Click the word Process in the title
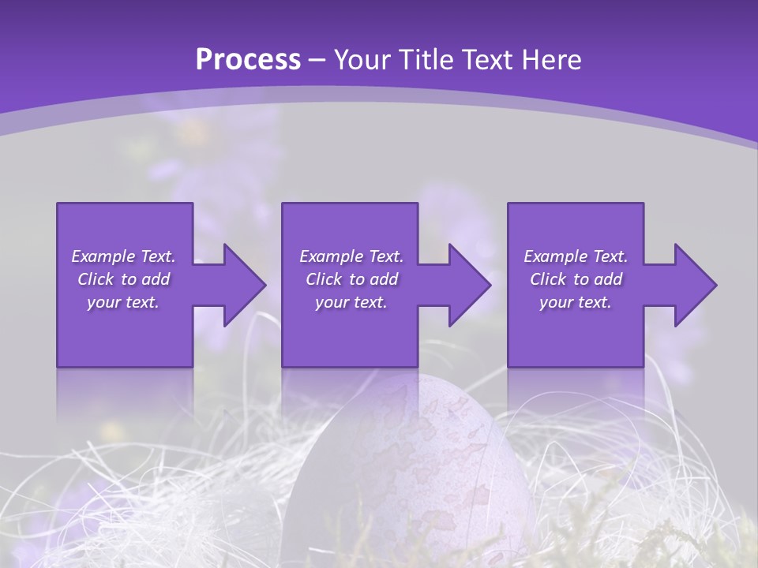pyautogui.click(x=247, y=60)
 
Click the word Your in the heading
pyautogui.click(x=361, y=60)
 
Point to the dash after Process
pyautogui.click(x=317, y=61)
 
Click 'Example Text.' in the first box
pyautogui.click(x=123, y=256)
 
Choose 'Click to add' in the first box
pyautogui.click(x=123, y=279)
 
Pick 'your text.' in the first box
pyautogui.click(x=123, y=302)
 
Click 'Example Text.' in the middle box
pyautogui.click(x=351, y=256)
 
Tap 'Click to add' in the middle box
pyautogui.click(x=351, y=279)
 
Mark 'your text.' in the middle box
pyautogui.click(x=351, y=302)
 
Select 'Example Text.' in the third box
pyautogui.click(x=576, y=256)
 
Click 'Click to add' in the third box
pyautogui.click(x=576, y=279)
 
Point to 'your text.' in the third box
pyautogui.click(x=576, y=302)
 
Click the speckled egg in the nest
pyautogui.click(x=411, y=465)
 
